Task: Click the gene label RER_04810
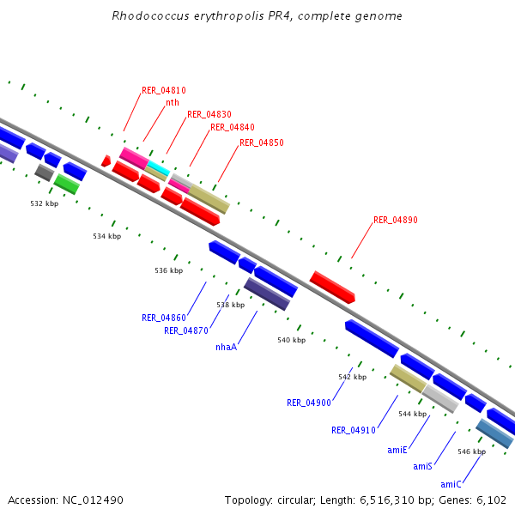[163, 90]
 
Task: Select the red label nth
[173, 102]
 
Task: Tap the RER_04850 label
[261, 142]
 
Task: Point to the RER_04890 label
[395, 221]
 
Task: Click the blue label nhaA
[226, 347]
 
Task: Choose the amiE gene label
[397, 450]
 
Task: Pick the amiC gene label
[451, 484]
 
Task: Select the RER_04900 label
[309, 403]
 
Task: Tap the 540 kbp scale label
[291, 340]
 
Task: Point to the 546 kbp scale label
[471, 451]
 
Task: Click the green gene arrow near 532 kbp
[66, 184]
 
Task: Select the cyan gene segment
[158, 167]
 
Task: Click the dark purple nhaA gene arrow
[267, 294]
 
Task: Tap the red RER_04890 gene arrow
[332, 287]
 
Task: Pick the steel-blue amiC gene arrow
[494, 433]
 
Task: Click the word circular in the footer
[290, 500]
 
